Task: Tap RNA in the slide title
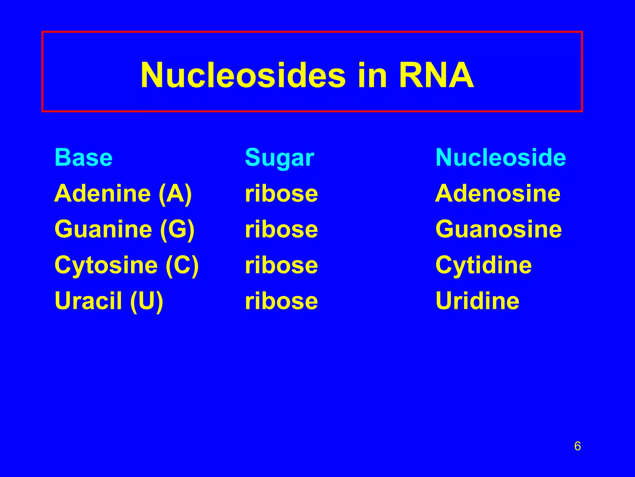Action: [x=436, y=75]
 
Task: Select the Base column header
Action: [x=83, y=157]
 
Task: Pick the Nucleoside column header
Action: [x=500, y=157]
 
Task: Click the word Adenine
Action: [x=103, y=193]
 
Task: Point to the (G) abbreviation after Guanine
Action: [x=177, y=229]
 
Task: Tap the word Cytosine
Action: [x=106, y=265]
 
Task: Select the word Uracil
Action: [x=88, y=301]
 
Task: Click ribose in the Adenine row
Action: [x=281, y=193]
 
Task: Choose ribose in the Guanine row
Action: [x=281, y=229]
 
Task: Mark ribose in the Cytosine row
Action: [x=281, y=265]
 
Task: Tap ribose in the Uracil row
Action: [x=281, y=301]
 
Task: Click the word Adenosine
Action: [x=498, y=193]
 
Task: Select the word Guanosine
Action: [x=498, y=229]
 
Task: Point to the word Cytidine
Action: [x=483, y=265]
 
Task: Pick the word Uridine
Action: [x=477, y=301]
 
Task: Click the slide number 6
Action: [x=577, y=446]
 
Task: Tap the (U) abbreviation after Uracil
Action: [x=147, y=301]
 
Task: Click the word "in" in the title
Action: [x=372, y=75]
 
